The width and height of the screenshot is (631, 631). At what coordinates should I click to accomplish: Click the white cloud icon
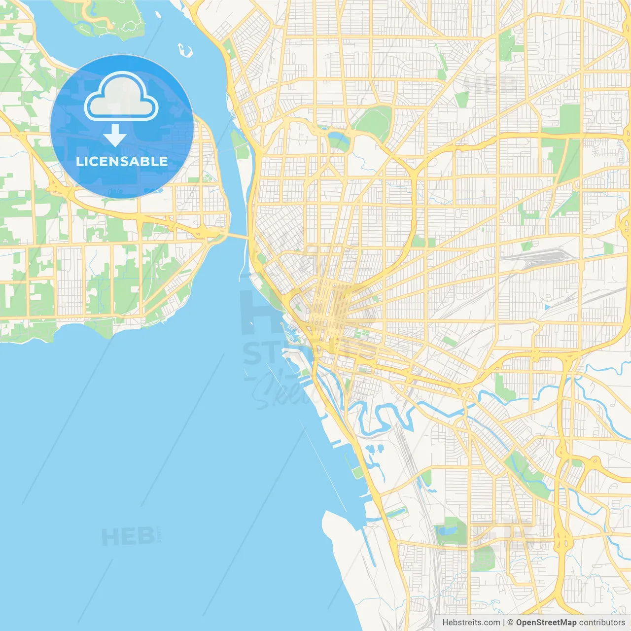click(x=121, y=97)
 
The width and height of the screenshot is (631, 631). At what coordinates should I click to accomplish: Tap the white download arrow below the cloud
click(x=115, y=136)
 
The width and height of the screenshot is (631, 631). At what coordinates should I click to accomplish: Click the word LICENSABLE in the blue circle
click(x=122, y=161)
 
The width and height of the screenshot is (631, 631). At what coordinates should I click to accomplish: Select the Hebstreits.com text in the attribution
click(x=471, y=623)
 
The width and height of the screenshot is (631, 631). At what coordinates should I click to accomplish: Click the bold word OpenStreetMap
click(x=546, y=623)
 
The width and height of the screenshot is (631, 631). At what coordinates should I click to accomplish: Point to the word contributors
click(x=602, y=623)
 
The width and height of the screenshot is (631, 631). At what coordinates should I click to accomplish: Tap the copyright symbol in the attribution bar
click(x=511, y=623)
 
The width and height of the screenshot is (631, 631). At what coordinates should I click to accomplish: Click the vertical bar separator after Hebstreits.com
click(x=504, y=623)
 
